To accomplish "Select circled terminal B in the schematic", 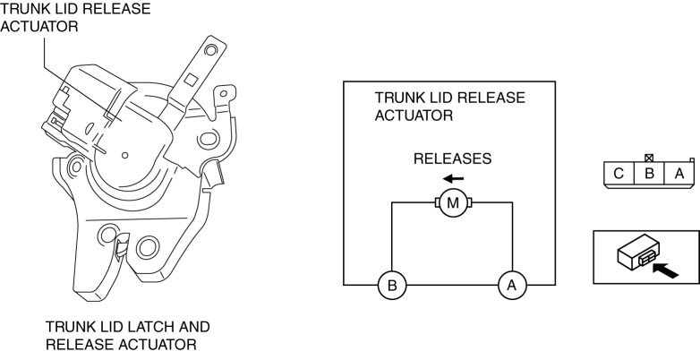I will point(392,286).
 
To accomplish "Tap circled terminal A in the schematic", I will point(512,286).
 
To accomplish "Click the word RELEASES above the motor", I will point(452,159).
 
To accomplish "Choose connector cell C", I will point(619,173).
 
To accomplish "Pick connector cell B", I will point(649,173).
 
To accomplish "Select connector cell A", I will point(679,173).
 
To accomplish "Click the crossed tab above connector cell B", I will point(649,158).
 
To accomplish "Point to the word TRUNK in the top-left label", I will point(23,8).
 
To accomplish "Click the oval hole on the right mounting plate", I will point(209,140).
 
